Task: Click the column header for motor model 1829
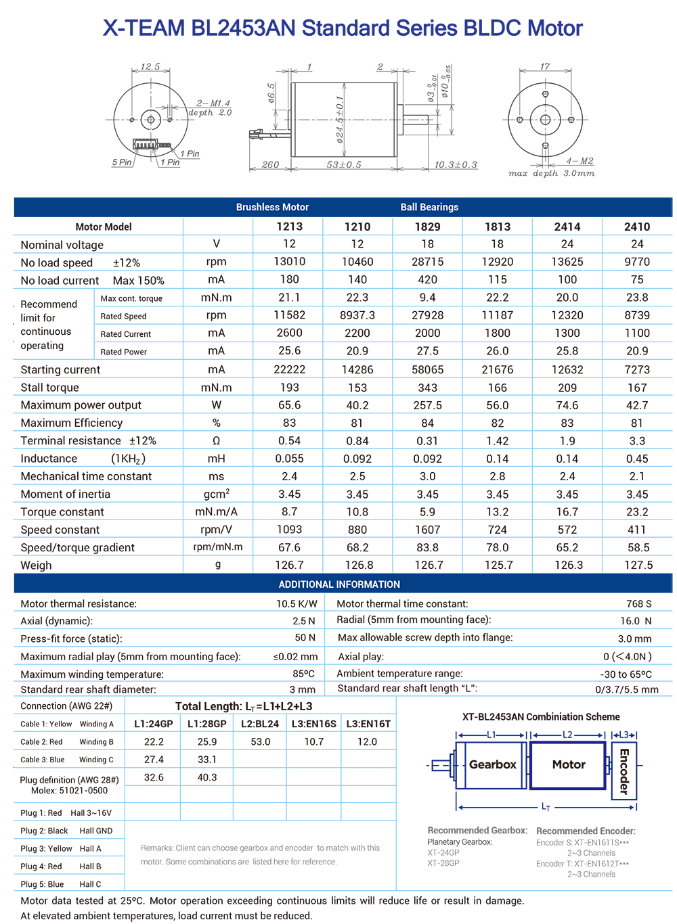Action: [427, 227]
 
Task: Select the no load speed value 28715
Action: [427, 262]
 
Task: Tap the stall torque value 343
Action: [427, 388]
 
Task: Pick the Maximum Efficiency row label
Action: [72, 423]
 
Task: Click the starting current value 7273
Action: [636, 369]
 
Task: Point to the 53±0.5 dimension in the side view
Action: [344, 164]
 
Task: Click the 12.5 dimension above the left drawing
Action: [150, 67]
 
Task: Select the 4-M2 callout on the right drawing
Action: [580, 161]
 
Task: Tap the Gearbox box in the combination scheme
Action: [492, 764]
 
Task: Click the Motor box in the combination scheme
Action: [568, 764]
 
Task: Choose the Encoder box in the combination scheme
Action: [624, 770]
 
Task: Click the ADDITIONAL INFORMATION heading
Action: [339, 584]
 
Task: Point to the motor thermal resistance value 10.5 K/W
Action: [297, 603]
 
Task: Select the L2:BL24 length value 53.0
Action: [261, 741]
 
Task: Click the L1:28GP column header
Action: [207, 724]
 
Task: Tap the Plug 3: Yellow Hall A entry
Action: [61, 848]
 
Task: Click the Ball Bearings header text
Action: [429, 207]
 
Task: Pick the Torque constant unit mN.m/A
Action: [217, 512]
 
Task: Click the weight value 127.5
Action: [638, 565]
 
